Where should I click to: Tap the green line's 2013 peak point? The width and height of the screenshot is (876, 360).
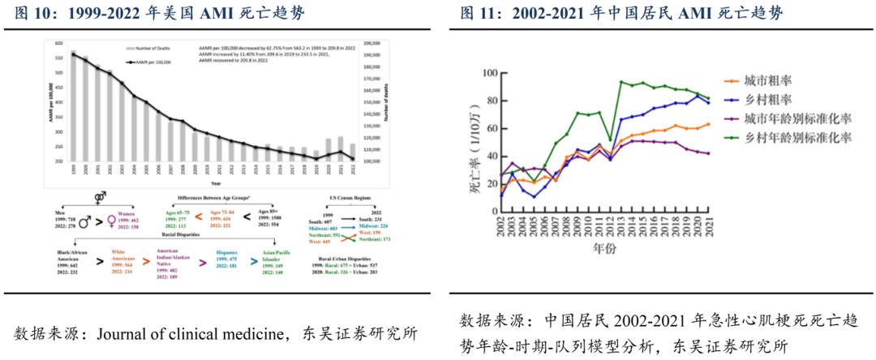point(621,82)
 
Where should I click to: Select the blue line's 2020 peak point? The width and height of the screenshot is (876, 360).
point(697,96)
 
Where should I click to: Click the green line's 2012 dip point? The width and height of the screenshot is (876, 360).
point(611,140)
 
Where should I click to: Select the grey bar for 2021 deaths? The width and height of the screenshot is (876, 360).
point(341,149)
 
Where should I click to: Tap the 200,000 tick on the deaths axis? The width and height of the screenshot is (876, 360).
point(372,43)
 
